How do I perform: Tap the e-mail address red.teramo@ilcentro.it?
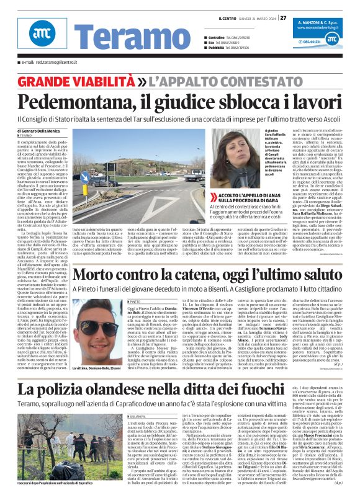(48, 63)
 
